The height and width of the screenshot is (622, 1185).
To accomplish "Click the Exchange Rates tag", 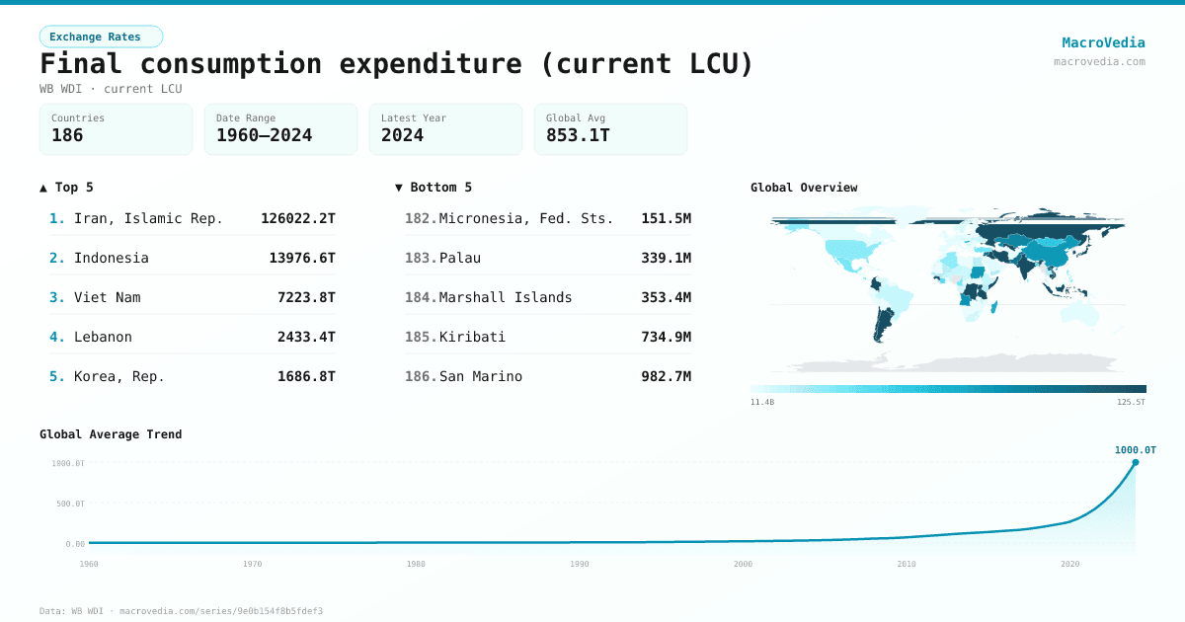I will (101, 37).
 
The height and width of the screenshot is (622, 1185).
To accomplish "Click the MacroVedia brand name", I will (1103, 42).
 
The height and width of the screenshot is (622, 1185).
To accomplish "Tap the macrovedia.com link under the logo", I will (1099, 61).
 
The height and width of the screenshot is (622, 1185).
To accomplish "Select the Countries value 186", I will (67, 135).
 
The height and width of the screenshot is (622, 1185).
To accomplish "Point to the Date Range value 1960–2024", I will (264, 135).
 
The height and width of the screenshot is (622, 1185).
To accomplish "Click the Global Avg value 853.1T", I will (578, 135).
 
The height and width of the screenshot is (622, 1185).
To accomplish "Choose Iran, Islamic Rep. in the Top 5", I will (148, 218).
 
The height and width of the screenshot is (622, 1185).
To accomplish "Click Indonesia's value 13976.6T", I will (302, 258).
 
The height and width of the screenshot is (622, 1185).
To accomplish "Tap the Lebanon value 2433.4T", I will (306, 337).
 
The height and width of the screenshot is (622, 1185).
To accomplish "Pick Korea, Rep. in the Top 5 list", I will (119, 376).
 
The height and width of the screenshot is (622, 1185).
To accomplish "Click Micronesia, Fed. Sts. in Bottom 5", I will (526, 218).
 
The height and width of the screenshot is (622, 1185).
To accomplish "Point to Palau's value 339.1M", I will (666, 258).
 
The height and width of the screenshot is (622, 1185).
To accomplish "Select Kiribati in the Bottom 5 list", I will (472, 337).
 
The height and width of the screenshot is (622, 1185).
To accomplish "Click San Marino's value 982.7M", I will (666, 376).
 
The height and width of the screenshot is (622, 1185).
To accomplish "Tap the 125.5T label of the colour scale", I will (1132, 403).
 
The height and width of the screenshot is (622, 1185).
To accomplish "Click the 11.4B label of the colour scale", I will (761, 403).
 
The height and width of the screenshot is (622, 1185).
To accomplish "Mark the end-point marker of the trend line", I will (1135, 462).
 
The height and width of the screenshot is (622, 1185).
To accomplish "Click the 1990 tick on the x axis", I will (580, 564).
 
